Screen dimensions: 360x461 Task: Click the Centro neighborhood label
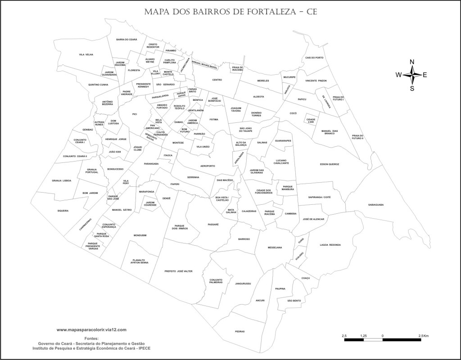(217, 80)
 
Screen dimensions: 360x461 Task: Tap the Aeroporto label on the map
(208, 166)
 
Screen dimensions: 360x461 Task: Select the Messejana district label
(275, 247)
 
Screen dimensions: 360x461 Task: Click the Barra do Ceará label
(127, 40)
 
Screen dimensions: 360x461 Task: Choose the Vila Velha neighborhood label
(86, 54)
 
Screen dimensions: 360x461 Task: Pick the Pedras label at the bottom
(240, 332)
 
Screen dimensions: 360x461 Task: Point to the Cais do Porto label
(314, 58)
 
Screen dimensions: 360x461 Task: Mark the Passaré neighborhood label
(213, 224)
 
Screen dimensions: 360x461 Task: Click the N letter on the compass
(412, 62)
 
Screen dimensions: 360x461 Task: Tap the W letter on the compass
(398, 75)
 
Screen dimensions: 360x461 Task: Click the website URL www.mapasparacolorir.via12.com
(91, 330)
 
